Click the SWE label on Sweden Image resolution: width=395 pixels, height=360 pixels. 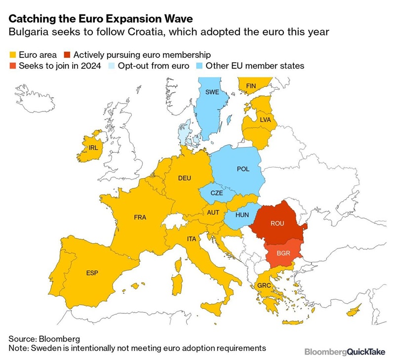pos(212,92)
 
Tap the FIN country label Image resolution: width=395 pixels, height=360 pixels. pos(251,86)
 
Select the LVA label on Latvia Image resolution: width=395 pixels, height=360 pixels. pos(265,119)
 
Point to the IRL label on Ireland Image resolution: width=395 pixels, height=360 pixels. pos(94,147)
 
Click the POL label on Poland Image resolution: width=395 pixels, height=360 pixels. pos(243,169)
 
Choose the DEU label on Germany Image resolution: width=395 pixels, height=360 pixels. pos(185,178)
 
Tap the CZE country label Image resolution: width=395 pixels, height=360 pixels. pos(217,193)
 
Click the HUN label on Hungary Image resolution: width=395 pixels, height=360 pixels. pos(242,215)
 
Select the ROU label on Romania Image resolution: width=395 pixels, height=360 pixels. pos(277,223)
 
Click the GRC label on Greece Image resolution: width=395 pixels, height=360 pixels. pos(264,286)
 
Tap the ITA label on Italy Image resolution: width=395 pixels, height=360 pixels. pos(192,239)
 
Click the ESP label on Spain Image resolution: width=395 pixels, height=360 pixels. pos(92,272)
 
